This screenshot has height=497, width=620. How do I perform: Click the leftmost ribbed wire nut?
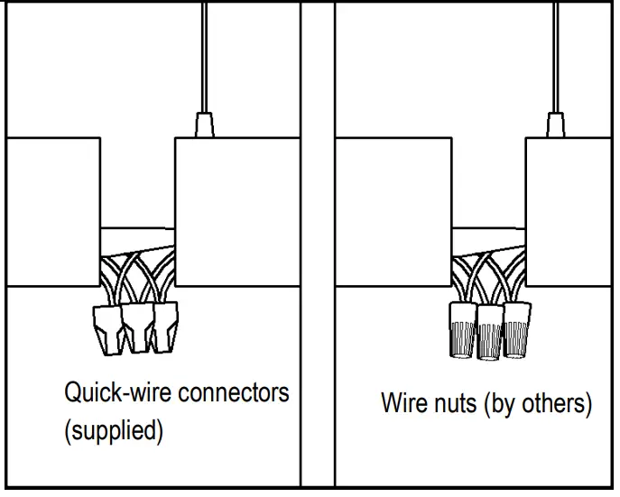tap(462, 329)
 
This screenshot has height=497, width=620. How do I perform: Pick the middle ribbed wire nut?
tap(490, 331)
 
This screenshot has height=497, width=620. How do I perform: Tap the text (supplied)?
tap(114, 430)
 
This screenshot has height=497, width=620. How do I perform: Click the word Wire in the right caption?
tap(403, 404)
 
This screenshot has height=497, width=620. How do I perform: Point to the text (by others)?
tap(539, 404)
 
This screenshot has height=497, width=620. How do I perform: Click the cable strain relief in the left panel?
tap(204, 124)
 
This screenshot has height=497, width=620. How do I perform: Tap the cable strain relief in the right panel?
tap(555, 124)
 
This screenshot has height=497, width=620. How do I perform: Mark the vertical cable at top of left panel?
tap(204, 54)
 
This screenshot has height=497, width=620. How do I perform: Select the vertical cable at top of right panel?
tap(555, 54)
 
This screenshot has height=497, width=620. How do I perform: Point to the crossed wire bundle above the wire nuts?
tap(487, 275)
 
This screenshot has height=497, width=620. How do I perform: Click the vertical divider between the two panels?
tap(317, 248)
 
